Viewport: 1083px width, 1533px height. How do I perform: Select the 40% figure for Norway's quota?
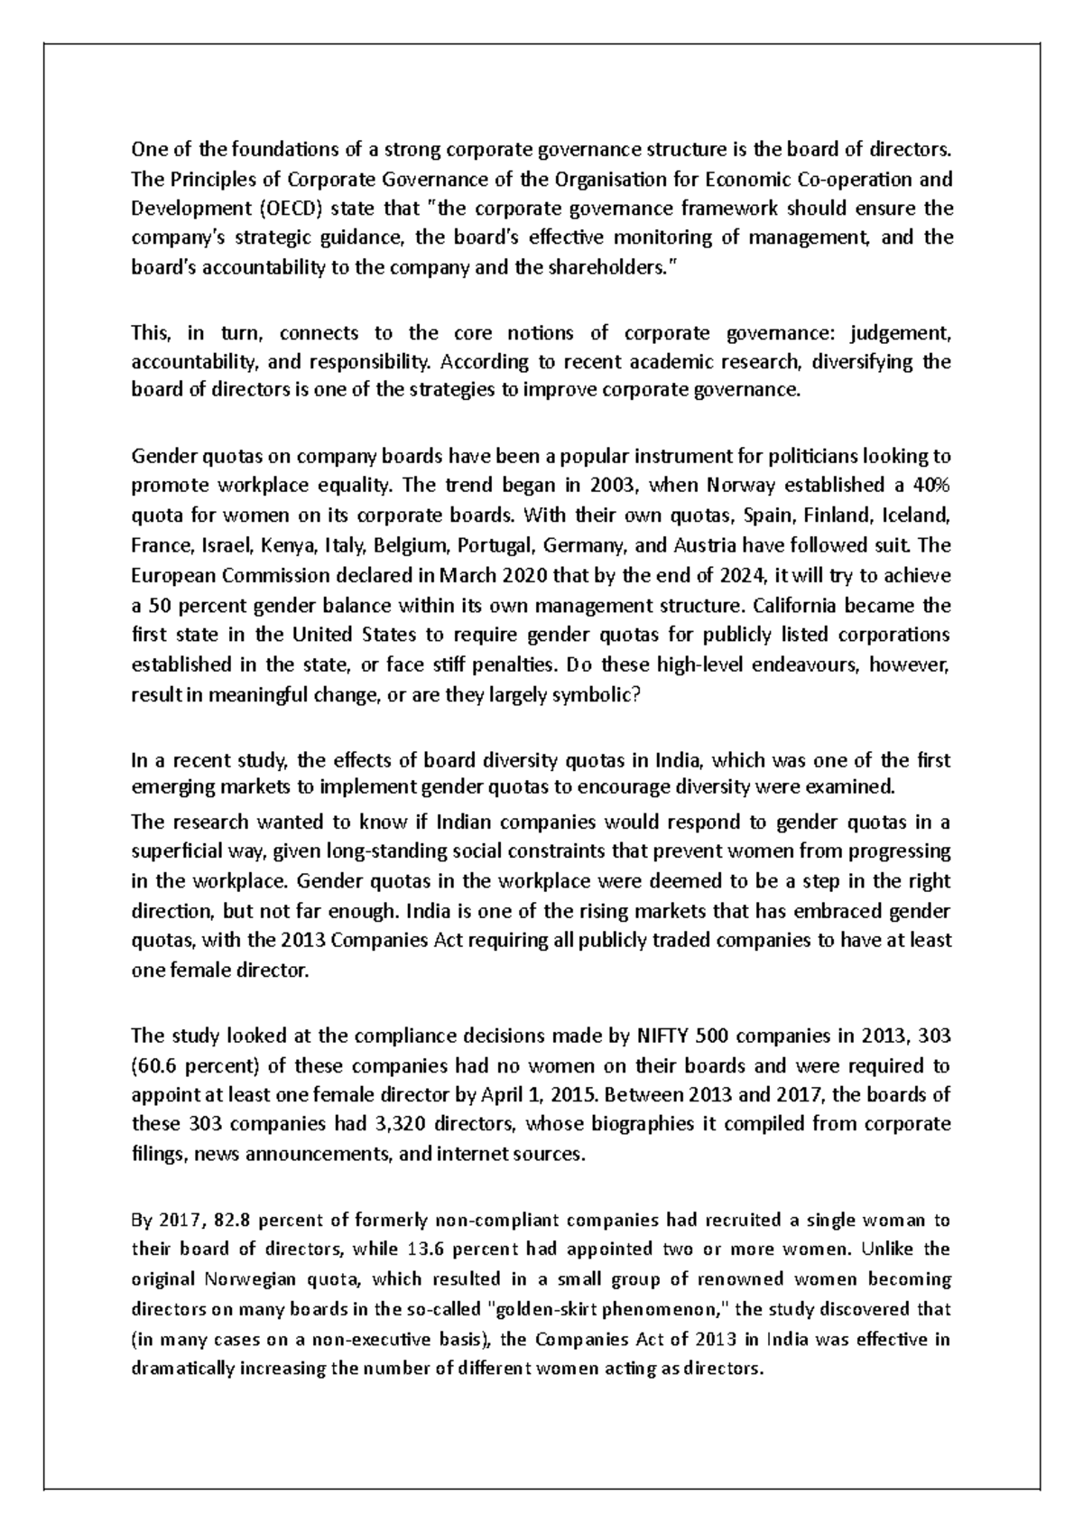point(931,485)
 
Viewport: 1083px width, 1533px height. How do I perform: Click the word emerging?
point(171,786)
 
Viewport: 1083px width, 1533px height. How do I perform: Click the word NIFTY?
point(662,1035)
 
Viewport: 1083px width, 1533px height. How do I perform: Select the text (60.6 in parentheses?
point(159,1065)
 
